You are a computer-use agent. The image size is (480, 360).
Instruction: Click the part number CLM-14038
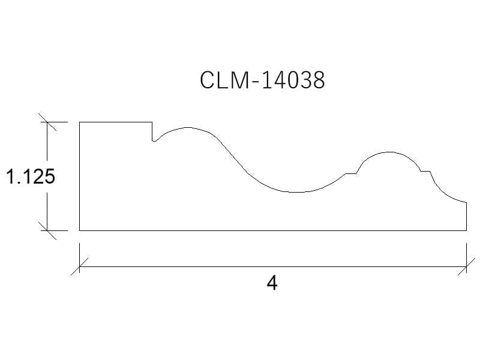pos(262,80)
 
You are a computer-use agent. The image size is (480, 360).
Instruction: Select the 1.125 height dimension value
pos(31,176)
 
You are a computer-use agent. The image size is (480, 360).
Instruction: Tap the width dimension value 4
pos(272,283)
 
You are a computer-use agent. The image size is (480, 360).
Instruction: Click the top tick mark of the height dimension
pos(47,122)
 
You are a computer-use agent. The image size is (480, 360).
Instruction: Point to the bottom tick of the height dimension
pos(47,230)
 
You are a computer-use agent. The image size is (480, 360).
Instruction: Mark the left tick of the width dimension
pos(80,266)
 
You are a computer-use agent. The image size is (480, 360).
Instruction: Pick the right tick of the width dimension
pos(467,266)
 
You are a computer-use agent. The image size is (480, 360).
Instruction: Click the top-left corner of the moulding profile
pos(80,122)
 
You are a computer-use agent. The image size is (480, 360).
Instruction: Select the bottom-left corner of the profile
pos(80,230)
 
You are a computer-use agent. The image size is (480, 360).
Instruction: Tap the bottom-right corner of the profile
pos(467,230)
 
